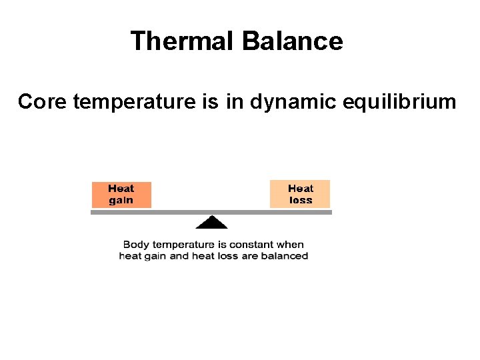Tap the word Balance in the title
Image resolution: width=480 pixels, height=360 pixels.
click(x=293, y=41)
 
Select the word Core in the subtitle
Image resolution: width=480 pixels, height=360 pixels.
click(x=43, y=102)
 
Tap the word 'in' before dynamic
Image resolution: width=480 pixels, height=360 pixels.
click(x=240, y=102)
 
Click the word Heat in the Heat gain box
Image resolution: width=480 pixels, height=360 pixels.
click(x=121, y=189)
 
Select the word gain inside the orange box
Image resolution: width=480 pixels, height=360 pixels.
click(x=121, y=200)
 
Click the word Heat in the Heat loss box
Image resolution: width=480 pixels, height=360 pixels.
click(x=300, y=189)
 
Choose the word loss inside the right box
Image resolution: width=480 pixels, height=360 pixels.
click(x=300, y=200)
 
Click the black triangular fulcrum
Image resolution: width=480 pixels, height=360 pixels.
click(x=212, y=223)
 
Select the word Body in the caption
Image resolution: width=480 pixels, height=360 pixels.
click(x=137, y=245)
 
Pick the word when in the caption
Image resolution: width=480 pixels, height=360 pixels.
click(x=290, y=245)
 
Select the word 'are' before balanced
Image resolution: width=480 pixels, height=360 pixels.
click(x=251, y=256)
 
